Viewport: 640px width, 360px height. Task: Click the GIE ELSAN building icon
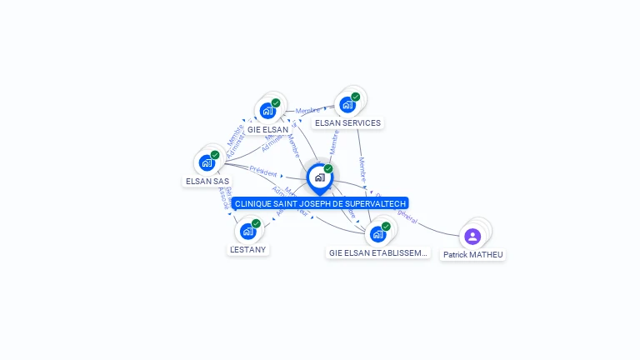click(267, 110)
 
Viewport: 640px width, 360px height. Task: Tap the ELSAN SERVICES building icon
click(346, 105)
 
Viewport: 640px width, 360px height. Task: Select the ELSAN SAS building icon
click(206, 162)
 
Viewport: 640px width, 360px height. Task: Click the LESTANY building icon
click(247, 231)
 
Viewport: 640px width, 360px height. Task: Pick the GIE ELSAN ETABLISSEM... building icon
click(377, 234)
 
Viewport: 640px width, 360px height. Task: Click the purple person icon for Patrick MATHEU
click(472, 237)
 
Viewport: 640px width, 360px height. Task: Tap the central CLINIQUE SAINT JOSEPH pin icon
click(319, 177)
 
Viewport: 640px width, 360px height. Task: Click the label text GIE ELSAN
click(267, 130)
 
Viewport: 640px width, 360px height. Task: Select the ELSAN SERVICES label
click(347, 123)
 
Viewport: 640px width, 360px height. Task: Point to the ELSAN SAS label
click(207, 181)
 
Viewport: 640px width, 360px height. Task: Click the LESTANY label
click(249, 249)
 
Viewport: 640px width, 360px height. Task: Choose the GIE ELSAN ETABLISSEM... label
click(378, 252)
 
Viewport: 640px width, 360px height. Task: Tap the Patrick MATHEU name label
click(473, 255)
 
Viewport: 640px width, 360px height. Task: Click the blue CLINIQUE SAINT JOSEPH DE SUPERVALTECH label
click(320, 203)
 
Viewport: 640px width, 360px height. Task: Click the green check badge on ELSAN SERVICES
click(356, 97)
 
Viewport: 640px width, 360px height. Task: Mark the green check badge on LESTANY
click(257, 222)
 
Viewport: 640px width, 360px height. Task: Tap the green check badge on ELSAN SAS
click(215, 154)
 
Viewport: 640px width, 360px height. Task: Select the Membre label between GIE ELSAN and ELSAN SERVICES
click(307, 110)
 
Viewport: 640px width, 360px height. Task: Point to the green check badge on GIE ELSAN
click(276, 102)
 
